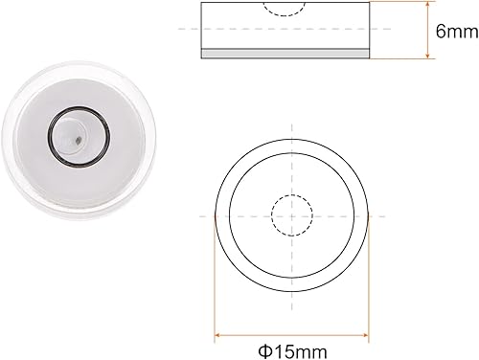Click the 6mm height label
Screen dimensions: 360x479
(x=454, y=32)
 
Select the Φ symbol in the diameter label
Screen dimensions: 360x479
(x=261, y=349)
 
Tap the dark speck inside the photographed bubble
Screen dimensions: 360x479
(x=75, y=141)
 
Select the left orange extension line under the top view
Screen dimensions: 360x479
(x=214, y=287)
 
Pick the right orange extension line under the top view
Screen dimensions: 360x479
(x=369, y=287)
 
